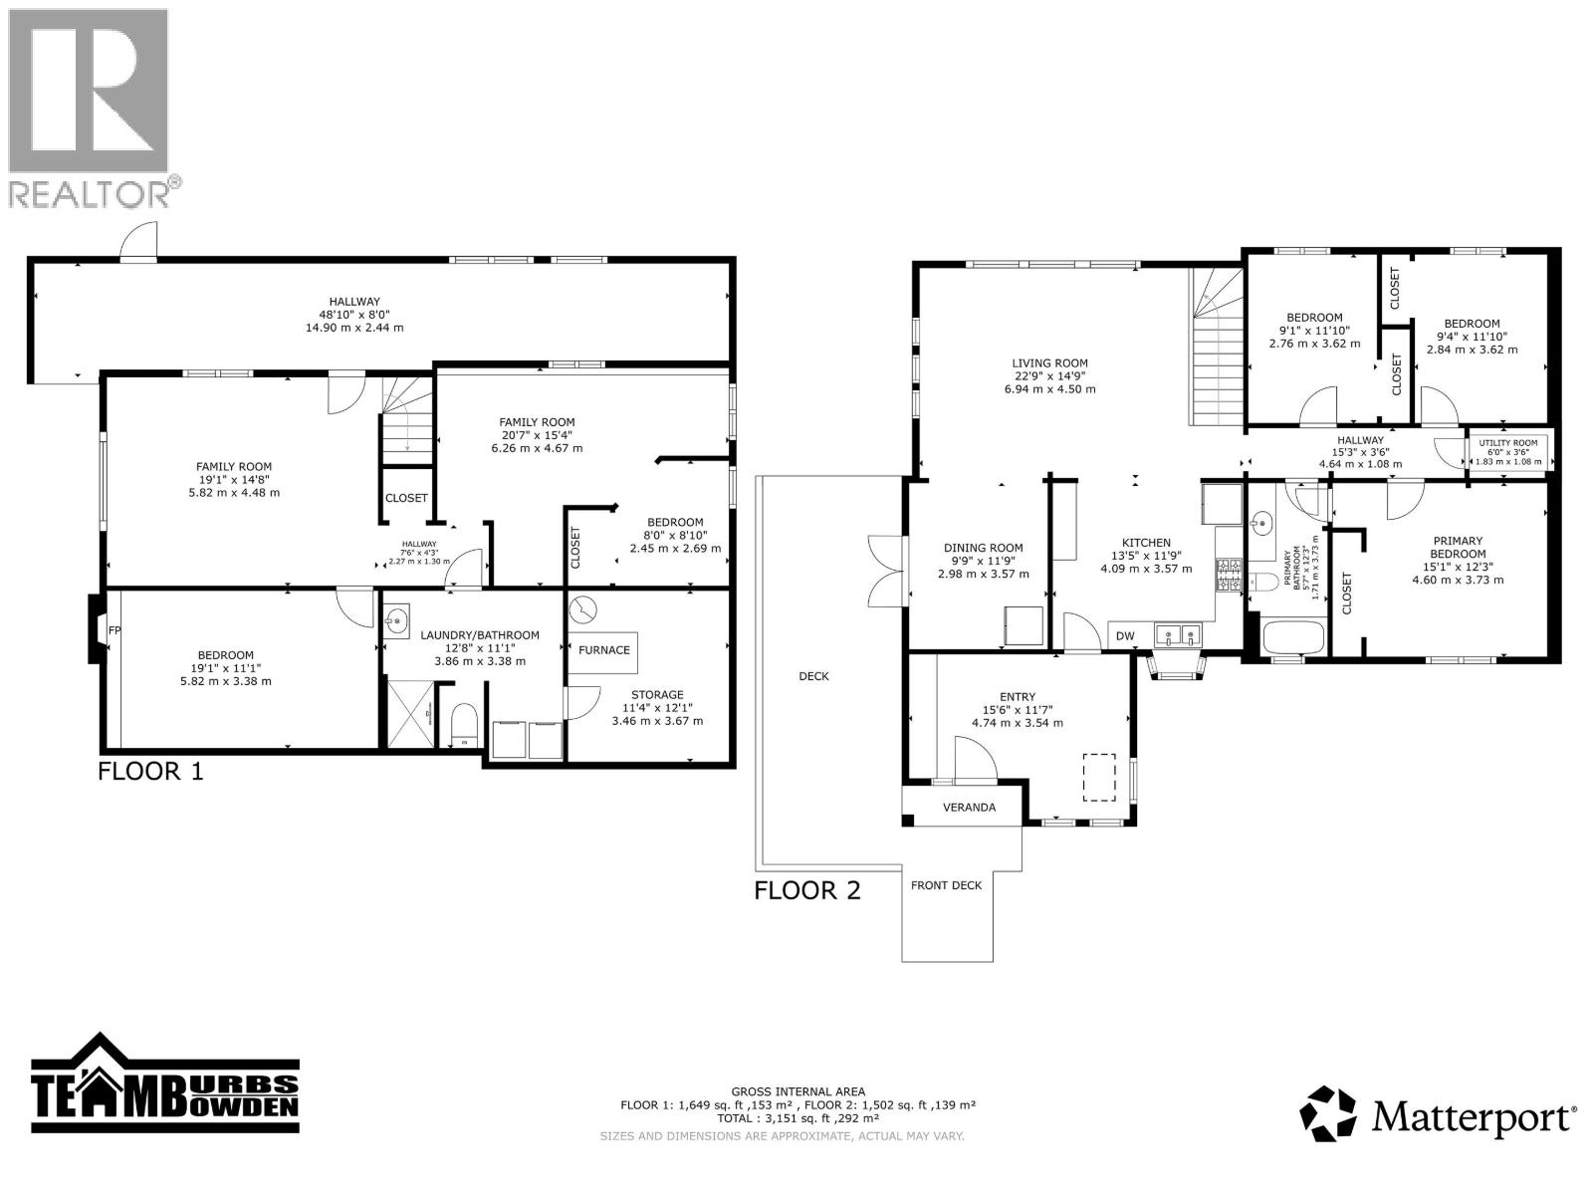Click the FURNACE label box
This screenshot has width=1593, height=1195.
(603, 650)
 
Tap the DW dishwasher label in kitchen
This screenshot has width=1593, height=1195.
(1124, 636)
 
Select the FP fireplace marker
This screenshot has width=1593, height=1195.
(114, 630)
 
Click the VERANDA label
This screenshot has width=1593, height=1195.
(969, 807)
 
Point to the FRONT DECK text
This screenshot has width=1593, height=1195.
(946, 885)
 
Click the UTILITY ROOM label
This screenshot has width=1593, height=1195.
(1507, 443)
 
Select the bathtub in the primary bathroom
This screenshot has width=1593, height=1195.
(1292, 636)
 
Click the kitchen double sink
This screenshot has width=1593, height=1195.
(1179, 633)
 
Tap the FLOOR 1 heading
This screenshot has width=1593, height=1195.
(150, 771)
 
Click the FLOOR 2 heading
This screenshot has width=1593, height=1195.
(806, 889)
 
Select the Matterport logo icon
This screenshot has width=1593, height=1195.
(1328, 1113)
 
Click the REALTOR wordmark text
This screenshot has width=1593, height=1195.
(95, 193)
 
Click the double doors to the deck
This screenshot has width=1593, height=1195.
(884, 571)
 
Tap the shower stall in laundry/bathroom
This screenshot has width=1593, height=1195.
(409, 713)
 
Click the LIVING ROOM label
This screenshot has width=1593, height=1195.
(1049, 363)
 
